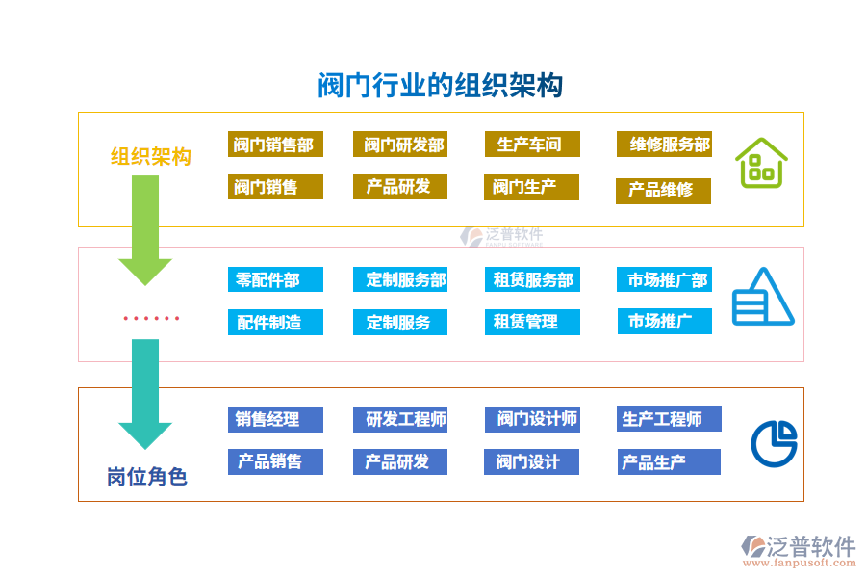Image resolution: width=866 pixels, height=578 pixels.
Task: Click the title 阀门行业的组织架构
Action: pyautogui.click(x=440, y=86)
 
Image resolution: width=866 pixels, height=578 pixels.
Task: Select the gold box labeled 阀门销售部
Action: pyautogui.click(x=275, y=144)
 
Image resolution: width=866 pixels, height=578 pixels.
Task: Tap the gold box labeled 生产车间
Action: pyautogui.click(x=532, y=144)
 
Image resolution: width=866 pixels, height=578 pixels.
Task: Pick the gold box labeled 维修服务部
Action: pyautogui.click(x=664, y=144)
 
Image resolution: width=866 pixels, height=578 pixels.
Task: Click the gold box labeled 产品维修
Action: pyautogui.click(x=663, y=191)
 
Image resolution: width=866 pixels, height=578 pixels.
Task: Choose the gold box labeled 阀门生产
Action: pyautogui.click(x=531, y=187)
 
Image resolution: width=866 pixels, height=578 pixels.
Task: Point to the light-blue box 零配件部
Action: pyautogui.click(x=275, y=279)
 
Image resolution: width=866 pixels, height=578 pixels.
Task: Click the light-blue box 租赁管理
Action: pyautogui.click(x=532, y=322)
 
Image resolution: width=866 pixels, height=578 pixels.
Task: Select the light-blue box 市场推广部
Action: pyautogui.click(x=664, y=279)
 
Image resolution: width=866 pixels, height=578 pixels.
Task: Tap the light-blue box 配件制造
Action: pyautogui.click(x=275, y=322)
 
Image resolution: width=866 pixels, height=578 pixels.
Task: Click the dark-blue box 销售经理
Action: pyautogui.click(x=275, y=419)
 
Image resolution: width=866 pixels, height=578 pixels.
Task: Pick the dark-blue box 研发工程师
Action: pyautogui.click(x=400, y=419)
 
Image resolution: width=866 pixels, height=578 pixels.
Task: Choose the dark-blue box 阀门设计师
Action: pyautogui.click(x=532, y=419)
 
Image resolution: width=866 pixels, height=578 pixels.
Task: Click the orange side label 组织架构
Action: pyautogui.click(x=150, y=156)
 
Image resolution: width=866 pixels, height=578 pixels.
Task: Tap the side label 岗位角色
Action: pyautogui.click(x=146, y=476)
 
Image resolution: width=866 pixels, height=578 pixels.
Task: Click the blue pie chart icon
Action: pyautogui.click(x=774, y=443)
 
